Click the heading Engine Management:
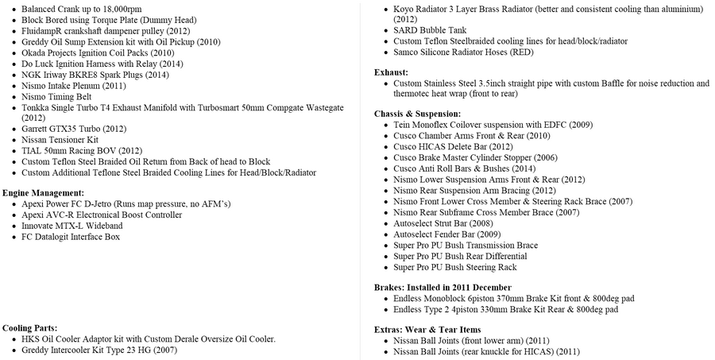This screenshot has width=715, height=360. [43, 193]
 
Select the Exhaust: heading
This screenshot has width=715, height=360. [391, 72]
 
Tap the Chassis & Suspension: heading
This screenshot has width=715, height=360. [417, 114]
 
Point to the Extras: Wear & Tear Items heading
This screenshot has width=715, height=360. [427, 329]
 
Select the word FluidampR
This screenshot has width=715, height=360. [44, 29]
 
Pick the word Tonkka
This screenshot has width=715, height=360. [37, 107]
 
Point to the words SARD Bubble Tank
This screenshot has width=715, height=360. [430, 30]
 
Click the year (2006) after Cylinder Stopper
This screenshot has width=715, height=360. [550, 157]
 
